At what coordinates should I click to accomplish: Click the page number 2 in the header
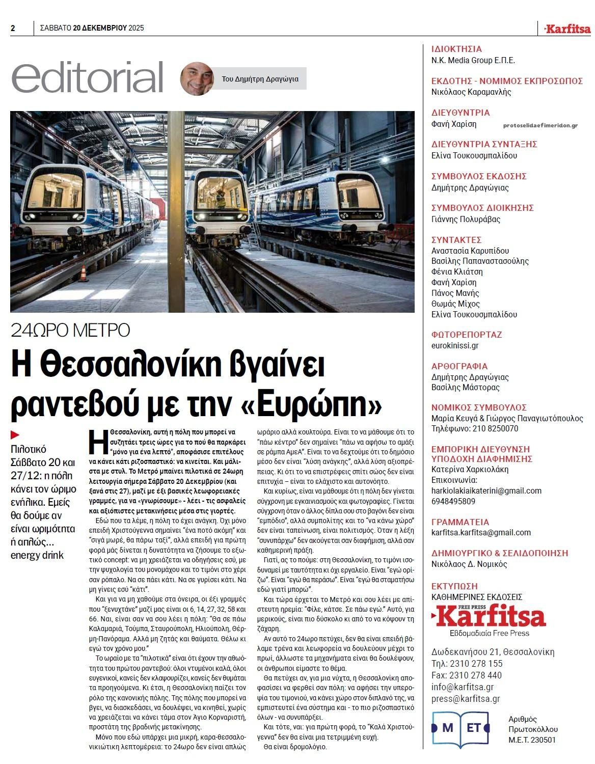[x=13, y=29]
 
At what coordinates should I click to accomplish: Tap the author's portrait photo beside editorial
[x=197, y=79]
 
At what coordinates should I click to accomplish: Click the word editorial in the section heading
[x=87, y=78]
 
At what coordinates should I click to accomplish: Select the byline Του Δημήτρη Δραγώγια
[x=260, y=79]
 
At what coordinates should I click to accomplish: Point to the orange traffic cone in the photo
[x=83, y=275]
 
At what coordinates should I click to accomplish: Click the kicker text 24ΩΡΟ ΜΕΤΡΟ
[x=71, y=331]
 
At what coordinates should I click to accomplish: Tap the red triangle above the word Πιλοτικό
[x=15, y=434]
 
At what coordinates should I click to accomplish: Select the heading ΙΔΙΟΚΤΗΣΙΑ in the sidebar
[x=456, y=49]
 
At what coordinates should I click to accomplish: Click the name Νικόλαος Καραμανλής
[x=471, y=92]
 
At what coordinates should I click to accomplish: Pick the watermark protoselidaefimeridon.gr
[x=540, y=125]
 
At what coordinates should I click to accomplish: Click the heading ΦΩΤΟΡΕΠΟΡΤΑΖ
[x=467, y=335]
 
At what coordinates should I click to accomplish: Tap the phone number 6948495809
[x=453, y=501]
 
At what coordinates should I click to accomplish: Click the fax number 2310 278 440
[x=467, y=675]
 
